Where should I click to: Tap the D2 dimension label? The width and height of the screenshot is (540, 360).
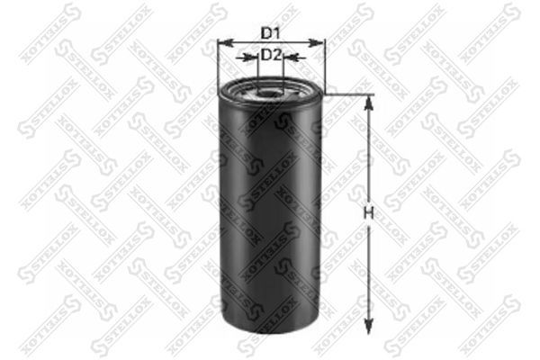(272, 55)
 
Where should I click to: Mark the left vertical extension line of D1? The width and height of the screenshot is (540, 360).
(219, 63)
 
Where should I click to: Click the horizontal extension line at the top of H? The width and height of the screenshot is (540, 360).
(346, 94)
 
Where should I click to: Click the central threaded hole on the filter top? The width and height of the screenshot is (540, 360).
(271, 90)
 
